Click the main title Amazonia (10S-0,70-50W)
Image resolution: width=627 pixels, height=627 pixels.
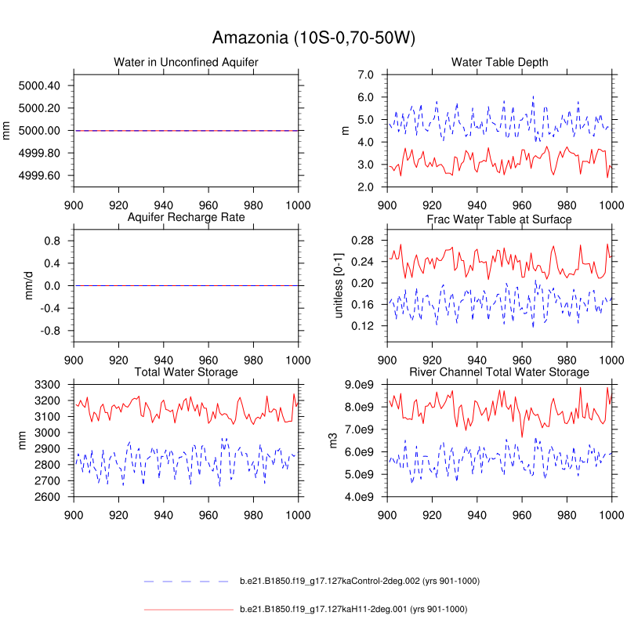(313, 38)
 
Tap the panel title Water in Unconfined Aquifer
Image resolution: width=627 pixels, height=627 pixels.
(186, 62)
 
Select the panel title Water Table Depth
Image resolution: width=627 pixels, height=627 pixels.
(499, 62)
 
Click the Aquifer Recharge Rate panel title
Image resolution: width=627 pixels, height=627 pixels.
(186, 217)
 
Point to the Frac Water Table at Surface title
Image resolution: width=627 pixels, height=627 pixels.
(499, 219)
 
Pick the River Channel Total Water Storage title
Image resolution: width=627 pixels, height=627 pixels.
(499, 371)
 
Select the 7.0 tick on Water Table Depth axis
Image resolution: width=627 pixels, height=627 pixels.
(367, 75)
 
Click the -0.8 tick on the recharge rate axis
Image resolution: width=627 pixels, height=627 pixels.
(53, 332)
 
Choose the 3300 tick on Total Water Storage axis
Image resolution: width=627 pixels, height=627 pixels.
(49, 385)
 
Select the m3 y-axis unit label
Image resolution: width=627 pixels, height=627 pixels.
(333, 441)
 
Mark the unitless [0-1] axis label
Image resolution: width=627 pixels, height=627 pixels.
(339, 286)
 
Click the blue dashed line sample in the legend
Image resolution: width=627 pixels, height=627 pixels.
(189, 582)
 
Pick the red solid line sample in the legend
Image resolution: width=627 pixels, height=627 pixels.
(189, 609)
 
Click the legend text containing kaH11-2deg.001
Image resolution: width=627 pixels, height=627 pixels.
(353, 609)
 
